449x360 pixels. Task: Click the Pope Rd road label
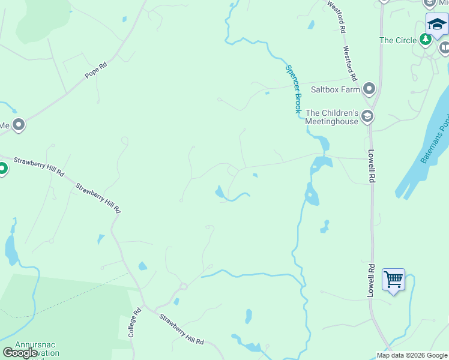click(x=95, y=73)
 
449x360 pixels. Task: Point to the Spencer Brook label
click(x=293, y=89)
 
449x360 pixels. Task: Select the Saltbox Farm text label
click(x=335, y=90)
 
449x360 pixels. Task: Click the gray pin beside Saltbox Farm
click(x=369, y=89)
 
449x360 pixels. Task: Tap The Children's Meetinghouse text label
click(x=332, y=116)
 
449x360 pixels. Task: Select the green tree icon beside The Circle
click(x=426, y=40)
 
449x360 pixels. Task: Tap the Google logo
click(x=20, y=353)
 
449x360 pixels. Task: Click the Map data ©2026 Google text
click(x=412, y=355)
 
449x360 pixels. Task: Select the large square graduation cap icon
click(x=437, y=25)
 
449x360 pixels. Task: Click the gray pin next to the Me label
click(x=19, y=125)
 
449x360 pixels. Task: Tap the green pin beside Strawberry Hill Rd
click(x=3, y=169)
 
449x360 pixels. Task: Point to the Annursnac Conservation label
click(x=37, y=349)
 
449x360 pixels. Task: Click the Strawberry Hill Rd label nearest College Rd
click(x=181, y=329)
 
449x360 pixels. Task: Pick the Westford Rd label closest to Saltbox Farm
click(x=351, y=64)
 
